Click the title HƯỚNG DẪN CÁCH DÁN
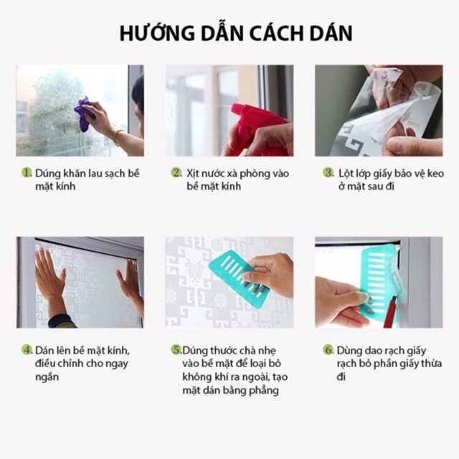click(236, 33)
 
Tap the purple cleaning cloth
click(84, 113)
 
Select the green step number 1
click(27, 173)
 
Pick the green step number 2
click(176, 172)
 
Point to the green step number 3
click(328, 173)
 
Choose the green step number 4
click(27, 350)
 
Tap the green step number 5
click(176, 350)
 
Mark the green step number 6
click(328, 350)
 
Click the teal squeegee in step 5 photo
click(237, 277)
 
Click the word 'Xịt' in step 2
click(193, 174)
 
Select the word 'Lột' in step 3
click(345, 174)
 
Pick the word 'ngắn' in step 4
click(47, 377)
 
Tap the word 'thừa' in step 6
click(431, 364)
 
